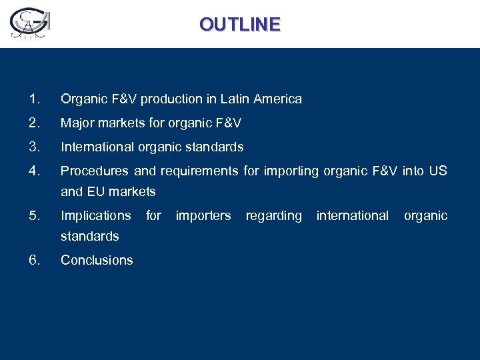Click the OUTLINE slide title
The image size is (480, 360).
point(240,25)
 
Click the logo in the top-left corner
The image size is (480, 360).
point(30,24)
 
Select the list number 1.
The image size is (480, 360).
point(35,99)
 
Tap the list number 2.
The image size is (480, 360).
point(35,123)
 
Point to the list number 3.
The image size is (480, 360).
point(35,147)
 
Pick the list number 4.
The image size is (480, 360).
point(35,171)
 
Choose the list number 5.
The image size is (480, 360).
point(35,215)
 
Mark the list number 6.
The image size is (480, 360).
point(35,260)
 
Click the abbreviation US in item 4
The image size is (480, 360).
point(438,171)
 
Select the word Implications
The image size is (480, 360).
point(96,216)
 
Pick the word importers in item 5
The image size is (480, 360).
point(203,216)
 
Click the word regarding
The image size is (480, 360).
point(273,216)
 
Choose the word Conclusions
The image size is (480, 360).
point(97,260)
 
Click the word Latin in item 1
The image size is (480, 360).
point(234,99)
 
